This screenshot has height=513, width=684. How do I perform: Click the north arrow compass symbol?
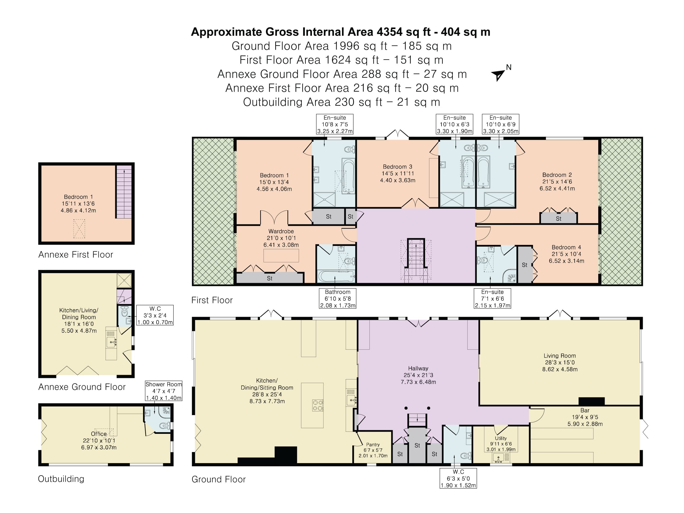coord(498,74)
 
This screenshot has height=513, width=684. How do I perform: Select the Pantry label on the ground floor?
coord(373,444)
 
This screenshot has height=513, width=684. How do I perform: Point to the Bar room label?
coord(585,410)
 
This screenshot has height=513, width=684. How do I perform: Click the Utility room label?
coord(501,438)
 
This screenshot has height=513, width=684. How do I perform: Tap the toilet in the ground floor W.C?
coord(465,455)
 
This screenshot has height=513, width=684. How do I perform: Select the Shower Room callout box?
coord(164,391)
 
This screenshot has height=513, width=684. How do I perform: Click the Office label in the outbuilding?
coord(99,434)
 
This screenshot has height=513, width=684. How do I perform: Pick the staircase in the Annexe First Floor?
coord(124,192)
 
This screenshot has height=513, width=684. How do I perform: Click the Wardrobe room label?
coord(281,231)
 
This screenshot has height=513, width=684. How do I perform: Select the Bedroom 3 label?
coord(397,167)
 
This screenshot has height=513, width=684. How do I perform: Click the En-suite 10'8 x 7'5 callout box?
coord(335,124)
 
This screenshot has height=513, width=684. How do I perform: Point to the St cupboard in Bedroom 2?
coord(558,218)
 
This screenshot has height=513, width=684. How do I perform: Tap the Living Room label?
coord(559,356)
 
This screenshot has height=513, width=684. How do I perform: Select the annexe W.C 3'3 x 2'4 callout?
coord(155,315)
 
